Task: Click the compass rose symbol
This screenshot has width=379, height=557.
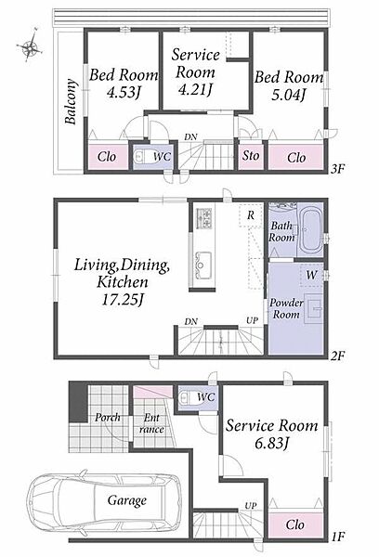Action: (x=30, y=45)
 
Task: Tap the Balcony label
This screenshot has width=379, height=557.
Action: (x=71, y=101)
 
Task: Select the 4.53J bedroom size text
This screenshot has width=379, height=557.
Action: (x=124, y=93)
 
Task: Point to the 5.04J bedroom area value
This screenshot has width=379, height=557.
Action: (x=289, y=95)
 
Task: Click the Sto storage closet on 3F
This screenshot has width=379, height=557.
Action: (x=251, y=156)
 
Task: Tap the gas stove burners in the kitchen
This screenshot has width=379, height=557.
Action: (x=203, y=217)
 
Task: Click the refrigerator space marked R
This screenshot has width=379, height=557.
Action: (x=251, y=215)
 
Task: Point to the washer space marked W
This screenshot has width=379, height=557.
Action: (x=311, y=275)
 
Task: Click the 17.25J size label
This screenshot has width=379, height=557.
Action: (x=123, y=300)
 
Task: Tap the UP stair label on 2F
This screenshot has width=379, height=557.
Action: (x=252, y=320)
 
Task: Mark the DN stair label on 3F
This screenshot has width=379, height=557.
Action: (x=191, y=137)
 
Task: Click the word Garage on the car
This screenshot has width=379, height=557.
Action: (x=127, y=500)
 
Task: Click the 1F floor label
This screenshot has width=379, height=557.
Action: (x=338, y=537)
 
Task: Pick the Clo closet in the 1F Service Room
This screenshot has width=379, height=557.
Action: (x=295, y=525)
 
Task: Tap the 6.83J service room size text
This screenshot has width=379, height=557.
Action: (x=271, y=443)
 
